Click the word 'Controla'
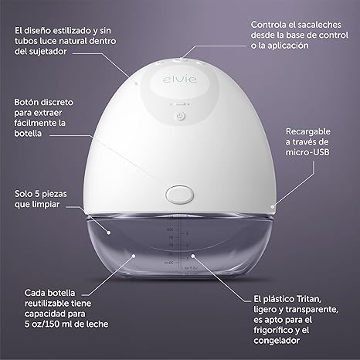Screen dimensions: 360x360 pos(269,24)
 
